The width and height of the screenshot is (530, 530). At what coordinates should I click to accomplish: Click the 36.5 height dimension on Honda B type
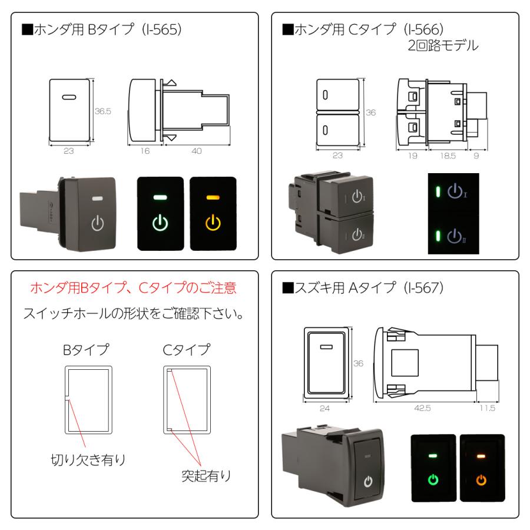click(x=103, y=110)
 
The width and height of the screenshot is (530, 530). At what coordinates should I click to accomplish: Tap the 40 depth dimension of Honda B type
click(x=197, y=151)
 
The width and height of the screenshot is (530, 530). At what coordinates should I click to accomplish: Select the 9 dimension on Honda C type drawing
click(x=476, y=157)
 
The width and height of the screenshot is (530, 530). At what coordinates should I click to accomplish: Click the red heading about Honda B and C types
click(x=135, y=289)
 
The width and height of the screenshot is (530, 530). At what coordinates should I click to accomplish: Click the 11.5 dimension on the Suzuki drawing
click(x=486, y=407)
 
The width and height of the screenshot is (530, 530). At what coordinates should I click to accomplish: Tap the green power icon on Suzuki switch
click(x=433, y=480)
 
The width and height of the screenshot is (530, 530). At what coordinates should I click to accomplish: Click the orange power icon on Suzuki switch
click(x=481, y=480)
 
